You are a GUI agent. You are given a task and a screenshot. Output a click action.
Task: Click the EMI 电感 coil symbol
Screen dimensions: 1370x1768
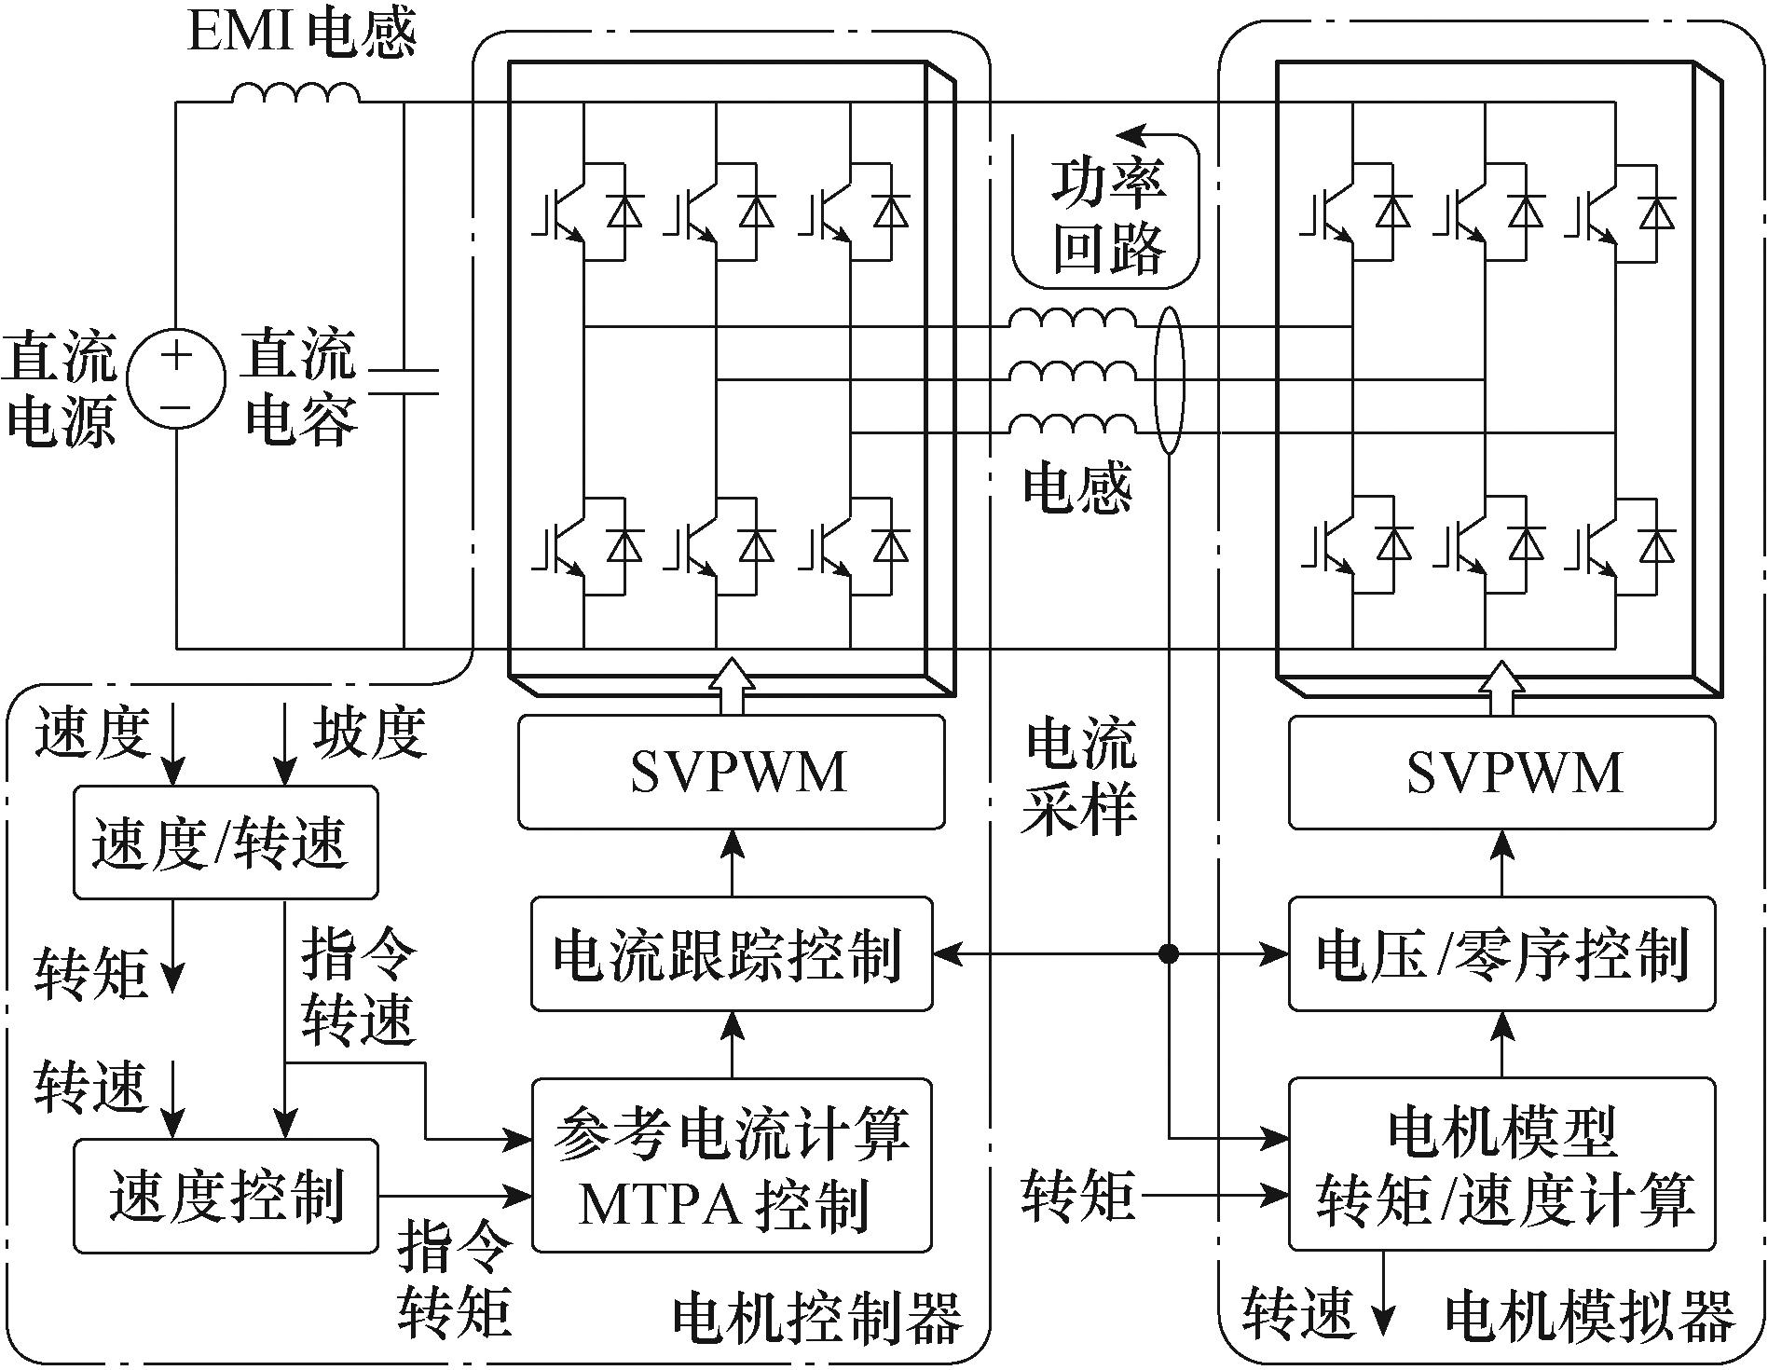pyautogui.click(x=295, y=93)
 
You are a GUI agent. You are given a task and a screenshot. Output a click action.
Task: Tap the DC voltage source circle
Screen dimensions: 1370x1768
pyautogui.click(x=177, y=381)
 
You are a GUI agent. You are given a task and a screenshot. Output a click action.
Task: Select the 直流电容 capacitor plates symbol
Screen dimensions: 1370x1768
pyautogui.click(x=404, y=381)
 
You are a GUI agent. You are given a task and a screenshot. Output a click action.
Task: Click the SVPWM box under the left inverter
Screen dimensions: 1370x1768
pyautogui.click(x=732, y=772)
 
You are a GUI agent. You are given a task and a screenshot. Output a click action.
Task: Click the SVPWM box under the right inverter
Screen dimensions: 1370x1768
pyautogui.click(x=1501, y=772)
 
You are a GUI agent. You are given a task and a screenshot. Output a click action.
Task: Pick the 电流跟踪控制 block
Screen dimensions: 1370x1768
pyautogui.click(x=732, y=953)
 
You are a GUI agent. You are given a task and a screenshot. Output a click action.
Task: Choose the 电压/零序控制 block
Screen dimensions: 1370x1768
pyautogui.click(x=1501, y=953)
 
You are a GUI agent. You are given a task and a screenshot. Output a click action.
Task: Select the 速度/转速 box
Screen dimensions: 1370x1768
pyautogui.click(x=226, y=843)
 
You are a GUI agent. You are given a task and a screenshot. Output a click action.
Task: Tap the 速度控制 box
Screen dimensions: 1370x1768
pyautogui.click(x=226, y=1196)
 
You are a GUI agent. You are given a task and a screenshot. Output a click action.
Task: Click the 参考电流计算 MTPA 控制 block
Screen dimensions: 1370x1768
pyautogui.click(x=732, y=1165)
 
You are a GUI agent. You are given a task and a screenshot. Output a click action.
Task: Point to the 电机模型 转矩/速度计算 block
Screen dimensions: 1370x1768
pyautogui.click(x=1501, y=1165)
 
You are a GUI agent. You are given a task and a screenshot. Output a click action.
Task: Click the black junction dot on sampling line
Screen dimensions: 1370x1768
pyautogui.click(x=1168, y=953)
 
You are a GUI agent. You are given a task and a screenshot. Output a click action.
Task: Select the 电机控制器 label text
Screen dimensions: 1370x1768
pyautogui.click(x=817, y=1317)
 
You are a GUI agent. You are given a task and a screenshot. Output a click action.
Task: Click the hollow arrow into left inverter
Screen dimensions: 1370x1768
pyautogui.click(x=732, y=686)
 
